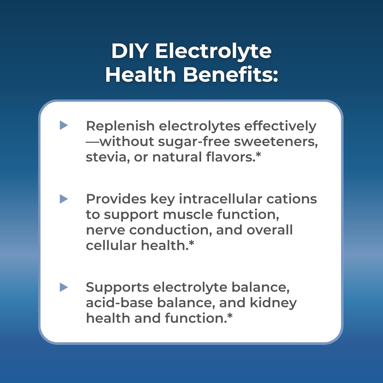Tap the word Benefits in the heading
click(x=231, y=74)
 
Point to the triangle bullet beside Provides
click(x=64, y=199)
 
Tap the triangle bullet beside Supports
click(x=64, y=287)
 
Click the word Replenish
click(x=120, y=126)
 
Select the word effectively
click(x=280, y=126)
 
